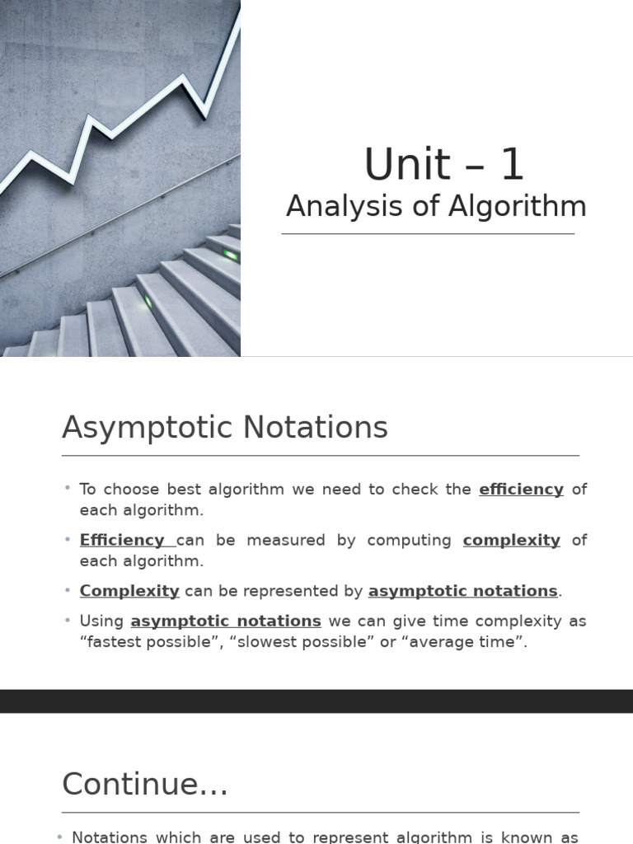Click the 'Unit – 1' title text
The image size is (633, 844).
[x=444, y=165]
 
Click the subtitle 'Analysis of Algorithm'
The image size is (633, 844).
[x=436, y=207]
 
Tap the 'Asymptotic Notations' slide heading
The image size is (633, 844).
[x=224, y=428]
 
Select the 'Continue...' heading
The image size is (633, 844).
[x=145, y=784]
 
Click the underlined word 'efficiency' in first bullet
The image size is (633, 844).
[x=521, y=490]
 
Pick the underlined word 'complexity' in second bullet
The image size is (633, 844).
[x=511, y=541]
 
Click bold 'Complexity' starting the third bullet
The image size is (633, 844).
[x=129, y=591]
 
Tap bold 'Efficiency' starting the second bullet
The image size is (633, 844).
[x=122, y=541]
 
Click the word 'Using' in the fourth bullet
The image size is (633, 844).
[x=101, y=621]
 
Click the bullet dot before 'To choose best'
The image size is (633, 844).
[x=68, y=489]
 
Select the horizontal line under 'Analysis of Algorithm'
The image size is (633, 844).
[x=428, y=234]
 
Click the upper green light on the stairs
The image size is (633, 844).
[x=230, y=255]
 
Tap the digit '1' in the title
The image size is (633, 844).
[x=511, y=165]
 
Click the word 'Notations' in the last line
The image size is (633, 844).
[x=109, y=837]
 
